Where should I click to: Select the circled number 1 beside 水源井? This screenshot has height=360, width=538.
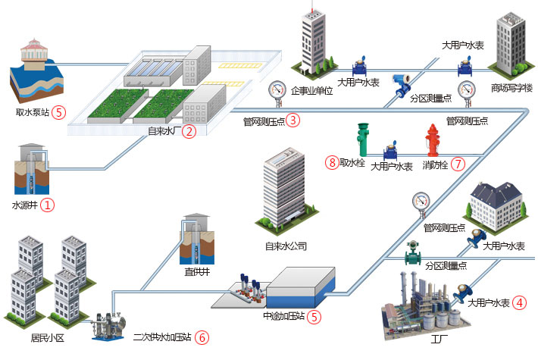tap(48, 205)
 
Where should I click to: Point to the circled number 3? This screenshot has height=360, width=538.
tap(293, 119)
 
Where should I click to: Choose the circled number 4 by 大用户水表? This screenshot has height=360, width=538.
tap(519, 302)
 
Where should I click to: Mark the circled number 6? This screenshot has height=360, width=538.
tap(202, 338)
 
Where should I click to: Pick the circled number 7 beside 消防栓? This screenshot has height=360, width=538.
tap(457, 164)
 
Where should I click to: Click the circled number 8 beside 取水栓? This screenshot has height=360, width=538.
tap(331, 162)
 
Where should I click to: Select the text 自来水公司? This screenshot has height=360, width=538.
tap(286, 246)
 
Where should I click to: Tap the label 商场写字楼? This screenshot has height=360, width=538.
tap(511, 87)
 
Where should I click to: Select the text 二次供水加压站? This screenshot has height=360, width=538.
tap(161, 338)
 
